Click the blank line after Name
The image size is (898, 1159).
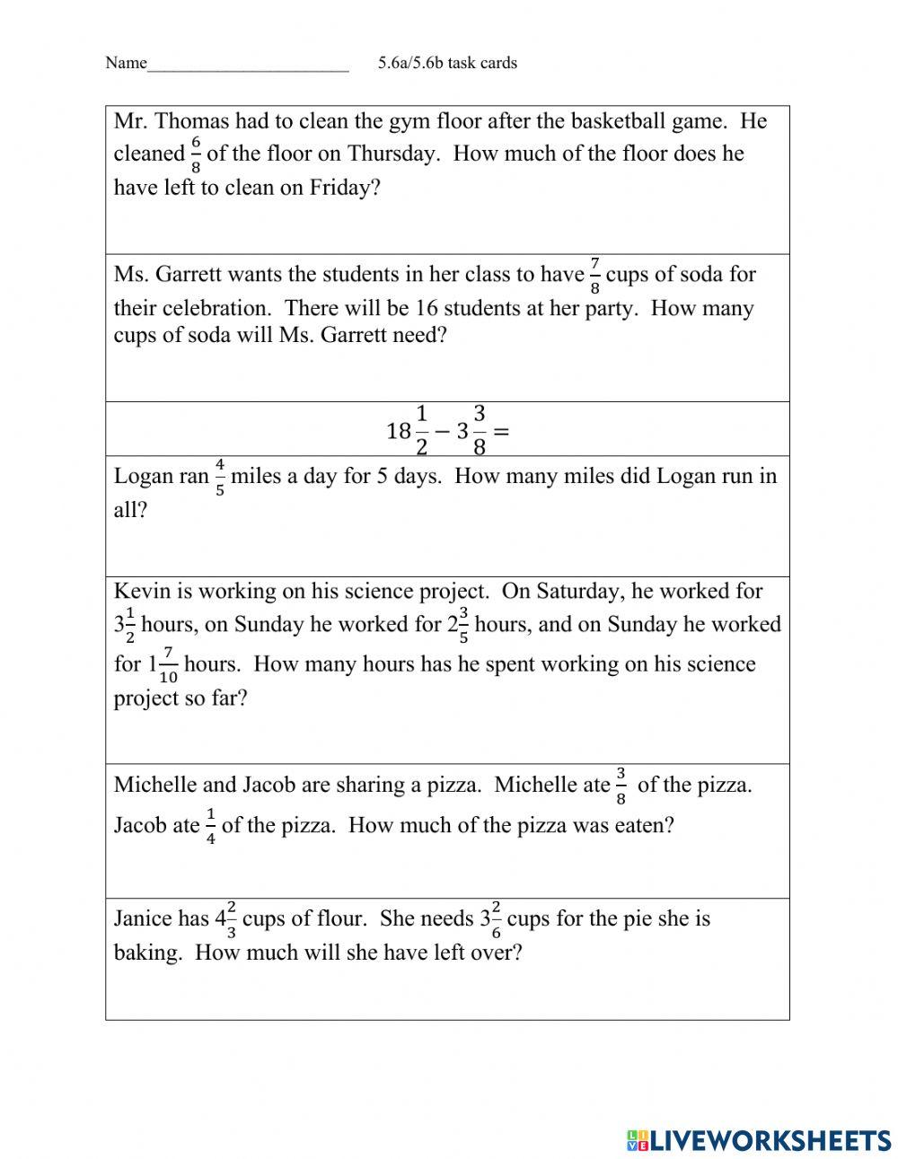(248, 66)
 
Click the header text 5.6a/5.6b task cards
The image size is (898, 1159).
(447, 63)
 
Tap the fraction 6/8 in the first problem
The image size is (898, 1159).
(196, 154)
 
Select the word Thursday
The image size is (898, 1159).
(392, 154)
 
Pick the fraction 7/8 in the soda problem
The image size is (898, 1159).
(594, 276)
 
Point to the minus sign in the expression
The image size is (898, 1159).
(442, 431)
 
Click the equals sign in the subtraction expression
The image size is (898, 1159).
(501, 431)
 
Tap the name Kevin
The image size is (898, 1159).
(138, 591)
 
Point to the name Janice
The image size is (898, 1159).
(142, 918)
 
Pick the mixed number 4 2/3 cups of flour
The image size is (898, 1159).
(225, 919)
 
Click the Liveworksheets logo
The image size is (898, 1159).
(759, 1139)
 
